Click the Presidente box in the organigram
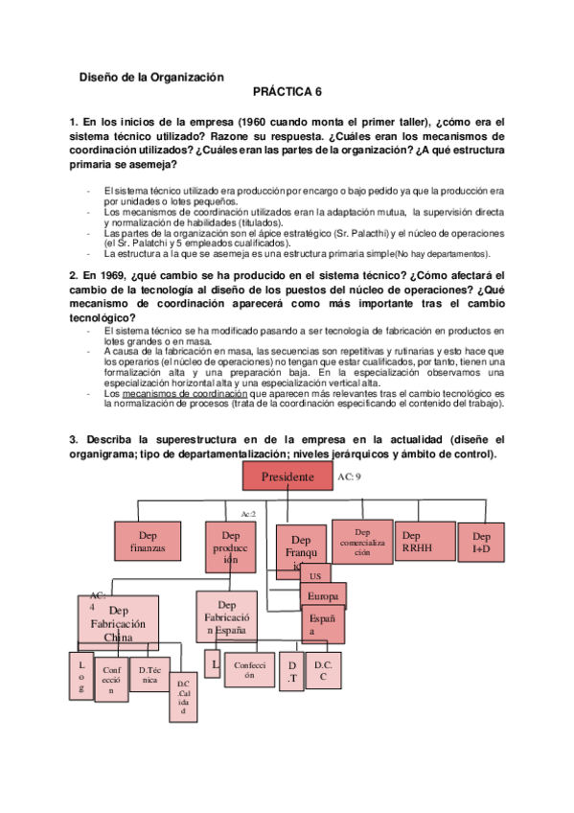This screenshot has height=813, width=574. coord(287,476)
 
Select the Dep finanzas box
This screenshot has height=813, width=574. coord(149,543)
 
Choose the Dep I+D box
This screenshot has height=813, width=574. coord(481,543)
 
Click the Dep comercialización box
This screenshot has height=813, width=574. coord(362,543)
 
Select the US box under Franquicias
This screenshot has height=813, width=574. coord(314,576)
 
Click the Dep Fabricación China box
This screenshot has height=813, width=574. coord(118,622)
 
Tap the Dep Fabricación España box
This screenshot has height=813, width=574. coord(227,618)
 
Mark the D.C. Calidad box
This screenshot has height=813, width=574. coord(186,698)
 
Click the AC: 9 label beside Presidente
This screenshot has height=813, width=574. coord(350,475)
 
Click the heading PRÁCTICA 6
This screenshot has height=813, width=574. coord(287,94)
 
